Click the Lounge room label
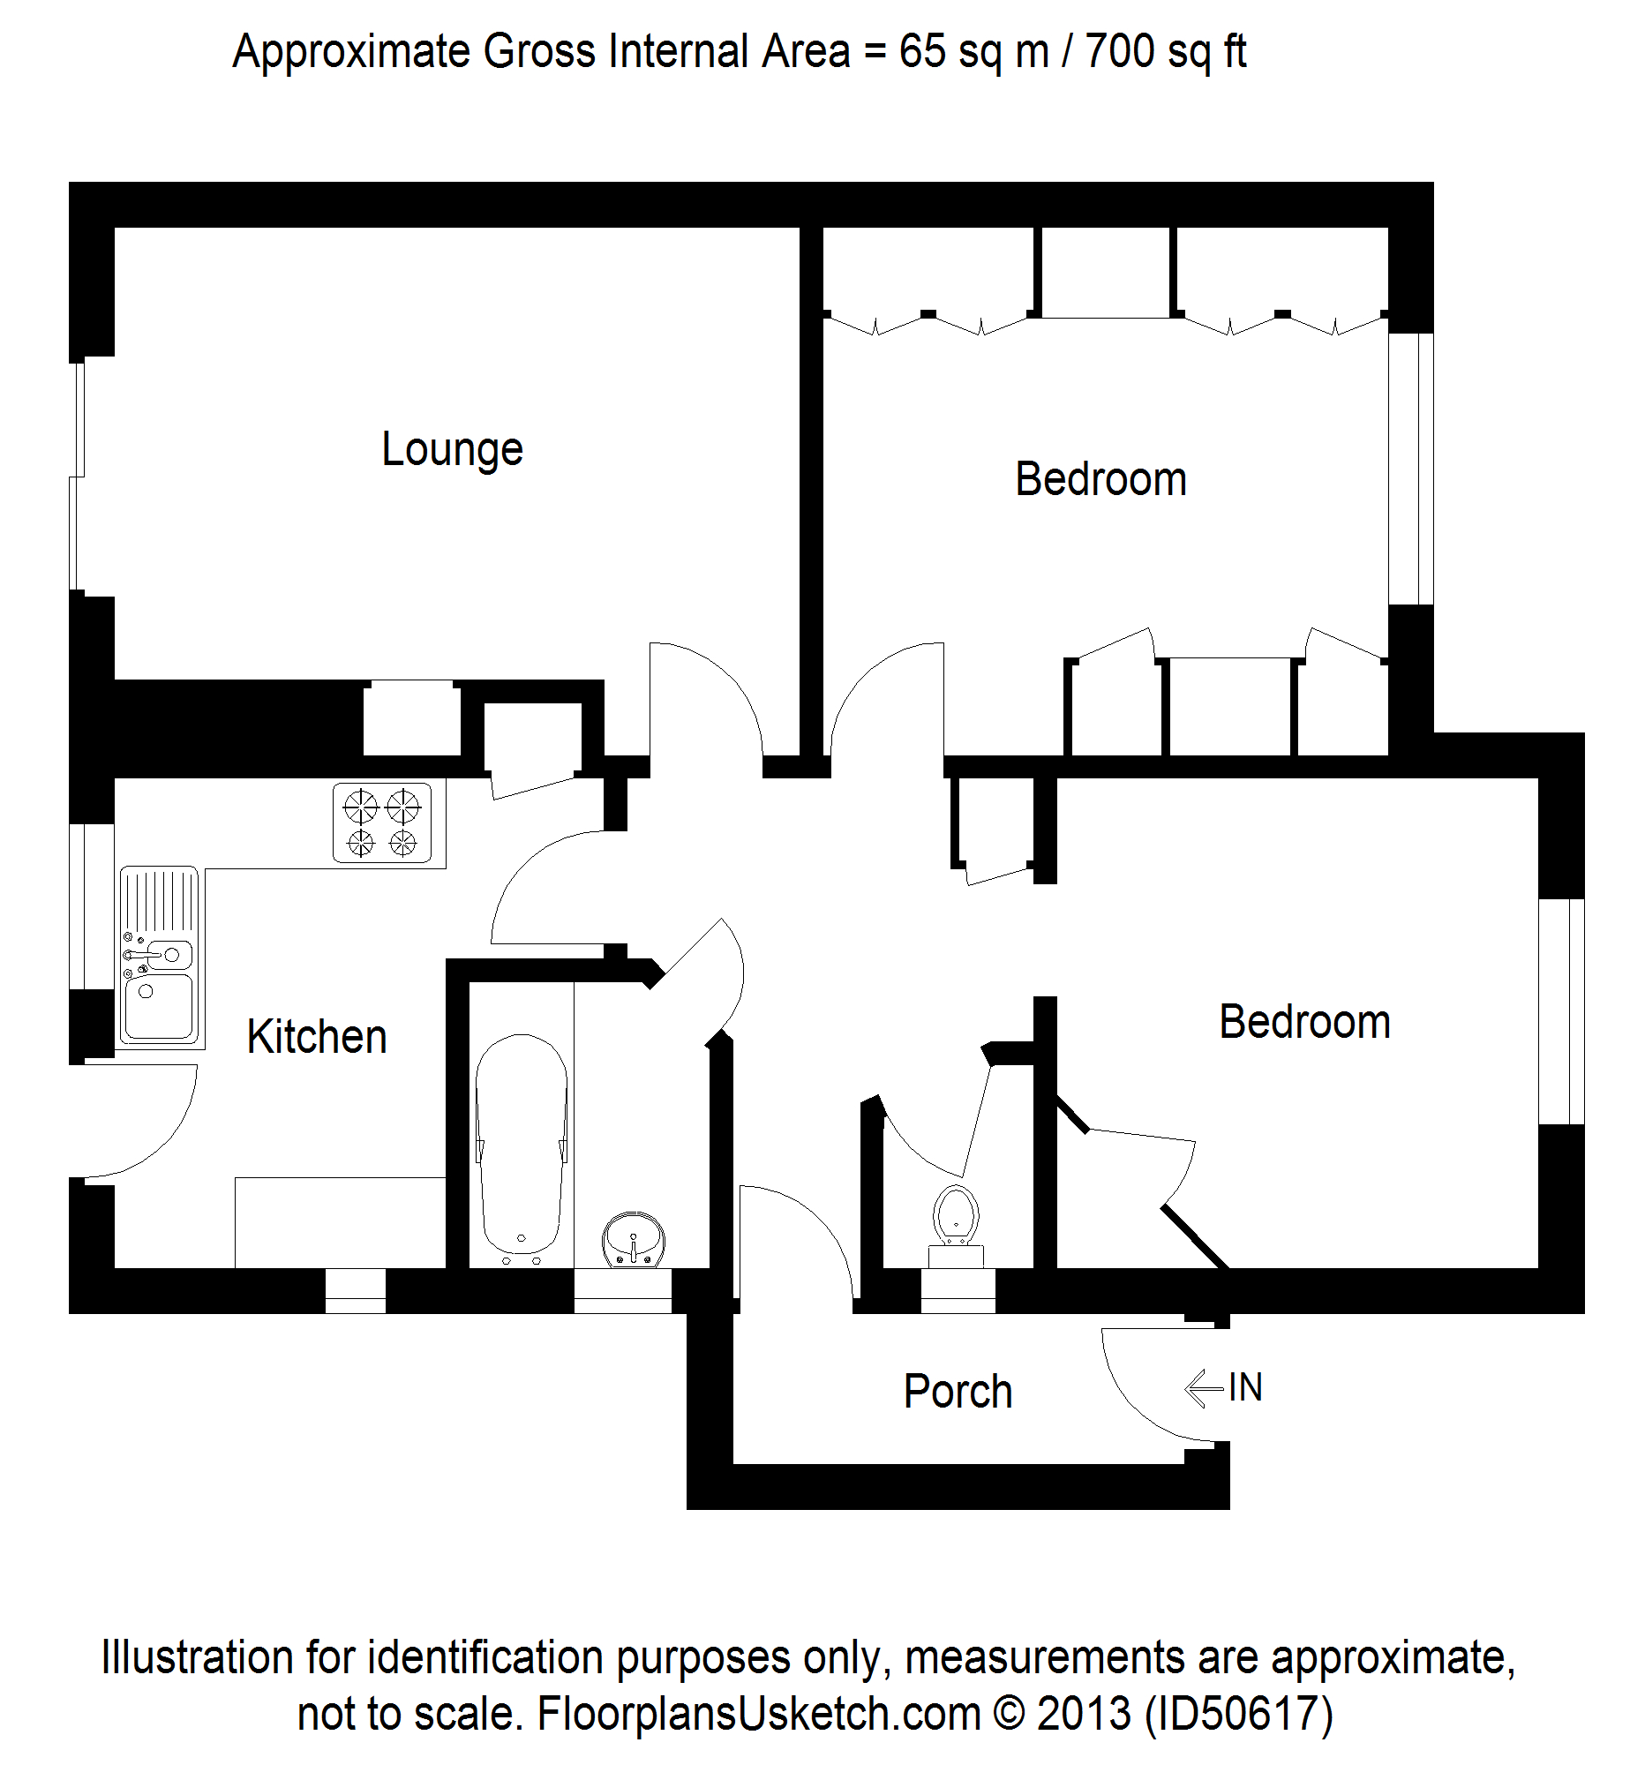click(452, 449)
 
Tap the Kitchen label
click(317, 1036)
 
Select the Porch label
click(958, 1390)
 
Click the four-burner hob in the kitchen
click(382, 822)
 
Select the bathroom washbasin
click(633, 1238)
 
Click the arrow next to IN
click(1203, 1387)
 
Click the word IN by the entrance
click(1245, 1387)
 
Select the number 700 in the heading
click(1121, 51)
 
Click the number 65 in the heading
click(921, 51)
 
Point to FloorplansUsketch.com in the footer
click(759, 1713)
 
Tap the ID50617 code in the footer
click(1238, 1713)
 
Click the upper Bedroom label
click(1100, 479)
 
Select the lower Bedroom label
click(1304, 1022)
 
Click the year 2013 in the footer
click(1084, 1713)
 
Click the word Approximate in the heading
click(351, 51)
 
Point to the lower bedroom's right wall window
click(1561, 1012)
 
